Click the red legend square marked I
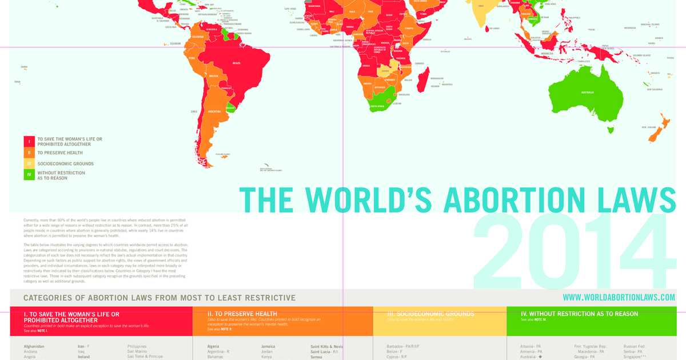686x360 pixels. (29, 141)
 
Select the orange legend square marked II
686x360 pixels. (29, 153)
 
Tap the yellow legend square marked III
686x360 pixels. (29, 164)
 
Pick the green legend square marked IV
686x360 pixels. (29, 175)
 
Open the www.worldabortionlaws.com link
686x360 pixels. (619, 297)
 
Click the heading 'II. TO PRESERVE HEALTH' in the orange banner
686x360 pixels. (242, 314)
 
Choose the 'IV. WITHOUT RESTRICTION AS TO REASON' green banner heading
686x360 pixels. (579, 314)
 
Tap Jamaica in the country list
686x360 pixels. (268, 346)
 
